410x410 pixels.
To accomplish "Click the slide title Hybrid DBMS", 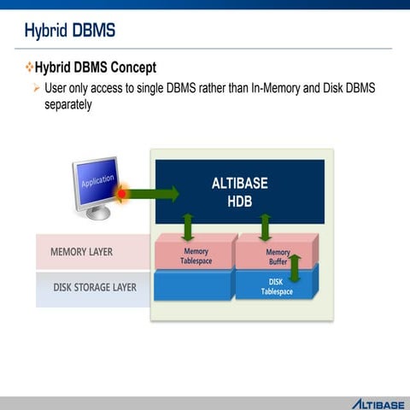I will tap(69, 32).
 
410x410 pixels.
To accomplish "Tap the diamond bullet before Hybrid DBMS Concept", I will tap(28, 67).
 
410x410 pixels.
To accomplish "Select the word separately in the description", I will tap(67, 104).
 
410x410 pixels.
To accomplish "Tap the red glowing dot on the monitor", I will tap(121, 194).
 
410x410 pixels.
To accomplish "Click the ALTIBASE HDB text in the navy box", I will tap(239, 190).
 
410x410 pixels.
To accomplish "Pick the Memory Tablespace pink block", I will tap(196, 255).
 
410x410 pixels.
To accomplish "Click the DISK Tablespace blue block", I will tap(276, 285).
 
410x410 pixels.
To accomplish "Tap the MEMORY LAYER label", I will tap(81, 252).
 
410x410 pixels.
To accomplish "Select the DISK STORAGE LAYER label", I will tap(94, 287).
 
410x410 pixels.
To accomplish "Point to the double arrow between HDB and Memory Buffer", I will tap(265, 227).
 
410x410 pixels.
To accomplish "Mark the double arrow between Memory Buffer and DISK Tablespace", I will tap(296, 266).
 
